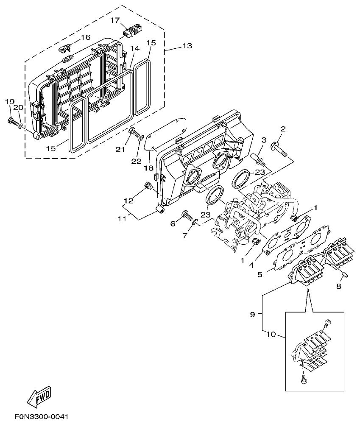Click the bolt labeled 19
[x=12, y=122]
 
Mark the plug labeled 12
[x=148, y=186]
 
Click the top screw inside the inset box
[x=327, y=324]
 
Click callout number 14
[x=134, y=49]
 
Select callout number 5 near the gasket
[x=260, y=275]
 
